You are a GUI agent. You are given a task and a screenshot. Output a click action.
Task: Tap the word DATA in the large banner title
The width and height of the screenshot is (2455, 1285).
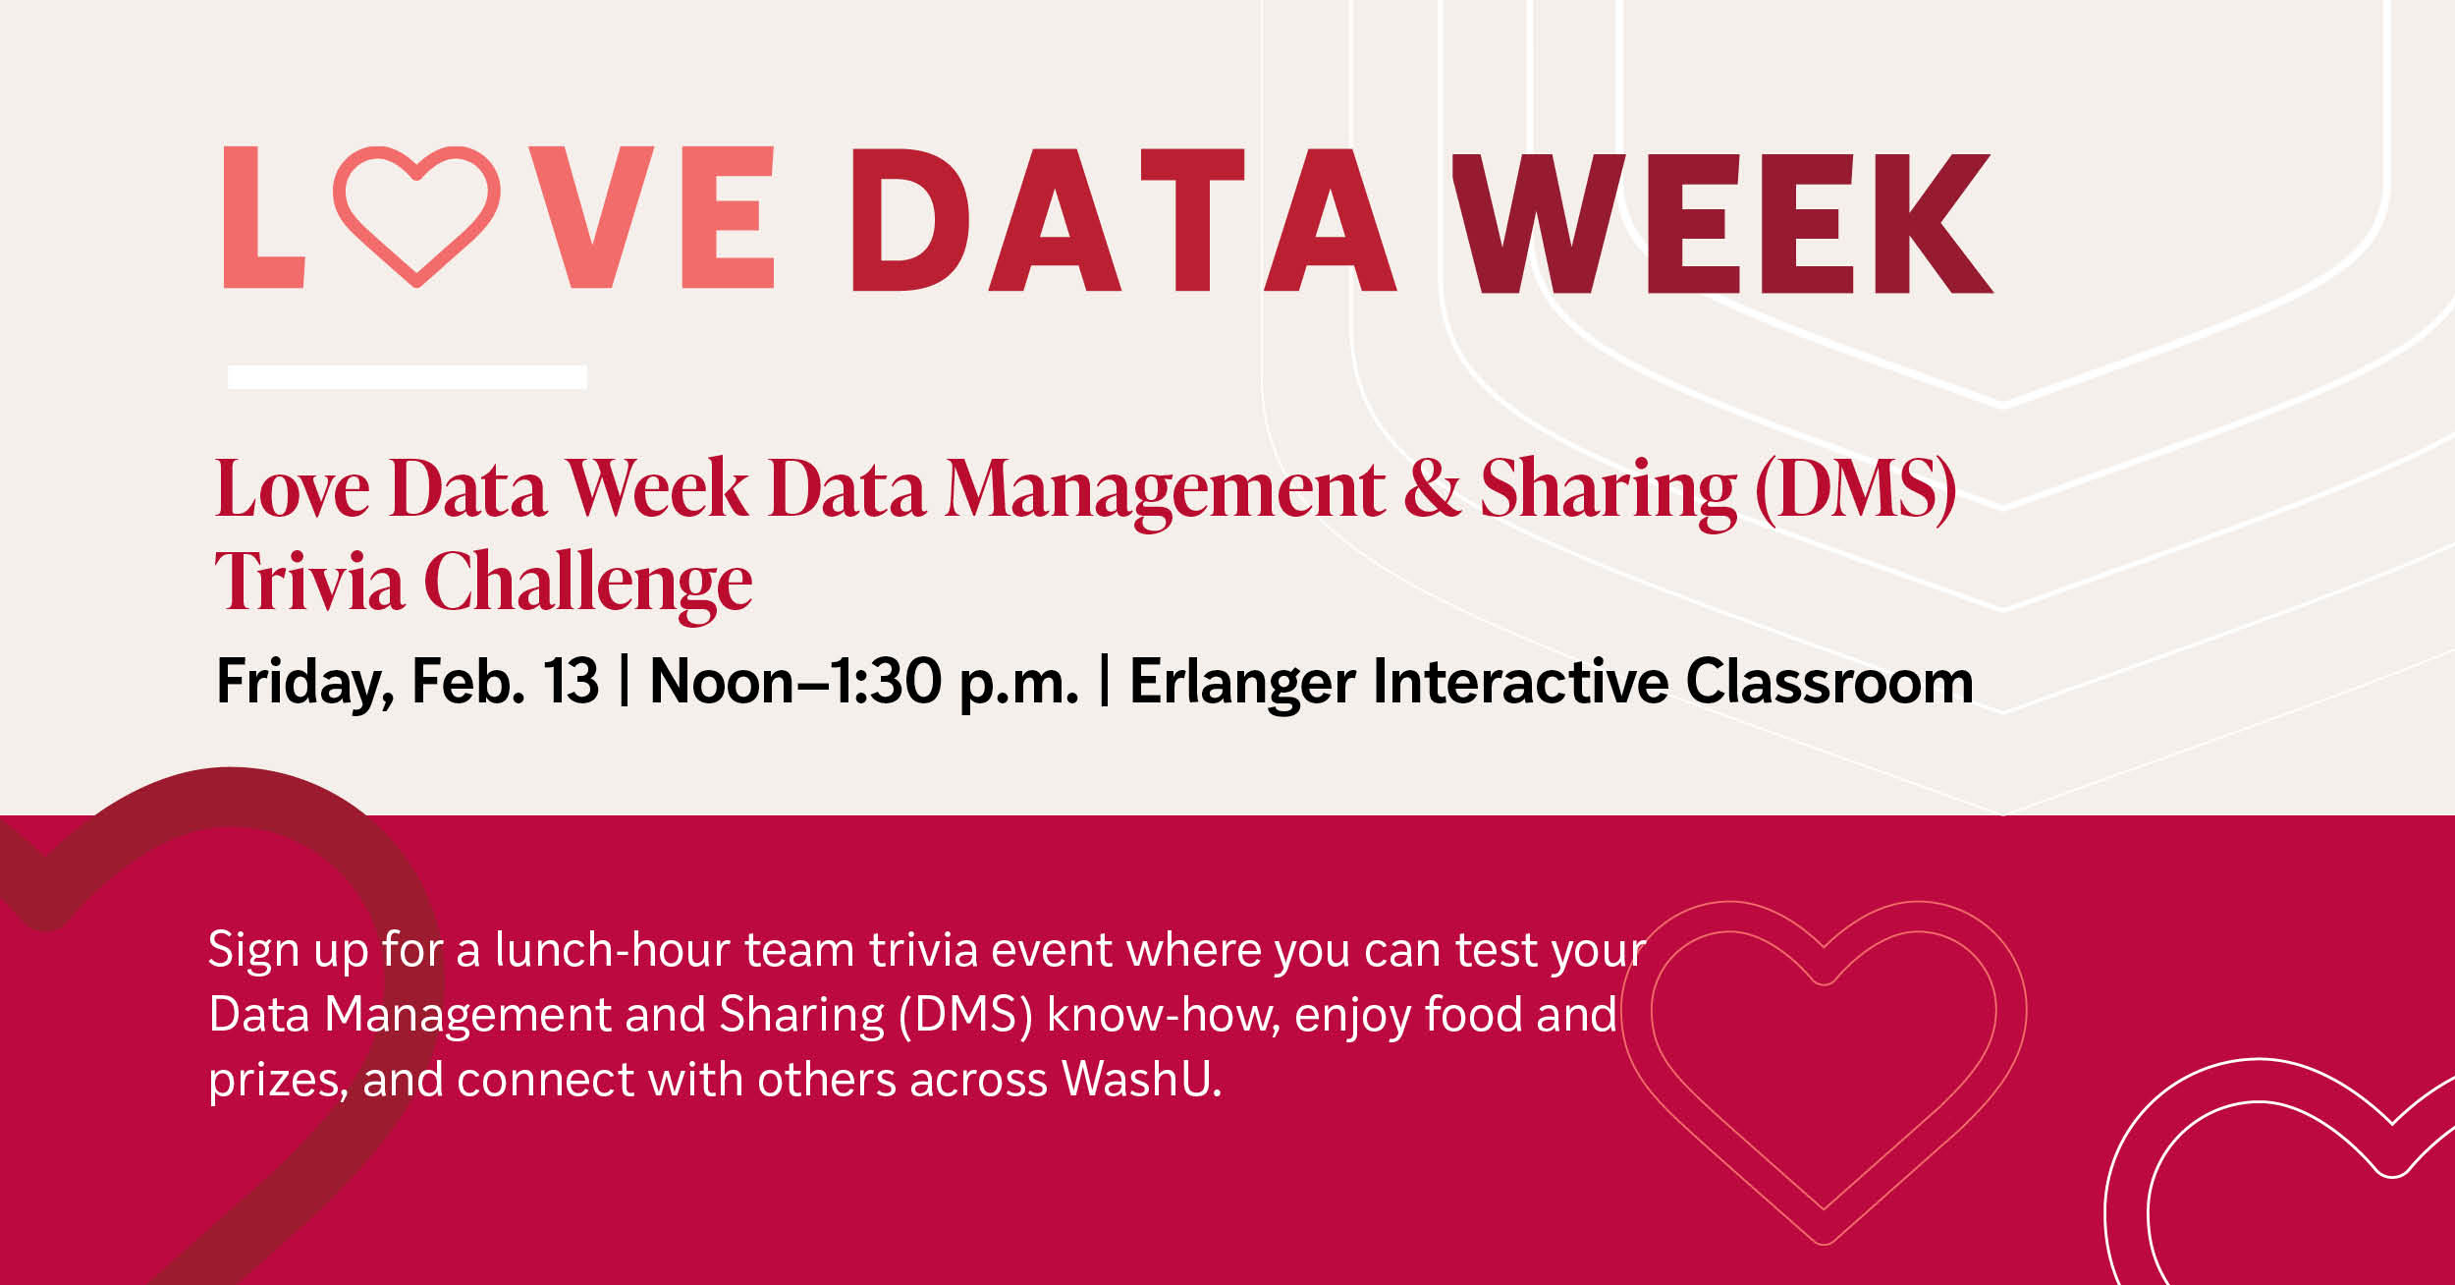(1123, 220)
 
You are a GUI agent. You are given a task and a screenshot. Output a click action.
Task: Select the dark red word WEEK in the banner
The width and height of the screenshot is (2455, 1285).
(1722, 223)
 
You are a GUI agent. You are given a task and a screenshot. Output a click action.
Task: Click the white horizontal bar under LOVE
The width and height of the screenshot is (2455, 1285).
(408, 377)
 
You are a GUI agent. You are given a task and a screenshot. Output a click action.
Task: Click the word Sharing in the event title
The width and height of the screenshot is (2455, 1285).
(1609, 491)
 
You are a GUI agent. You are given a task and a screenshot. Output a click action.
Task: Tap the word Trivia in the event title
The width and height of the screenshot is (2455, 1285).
(309, 581)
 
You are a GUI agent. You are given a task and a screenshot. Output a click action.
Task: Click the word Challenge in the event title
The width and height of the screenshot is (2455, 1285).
(588, 585)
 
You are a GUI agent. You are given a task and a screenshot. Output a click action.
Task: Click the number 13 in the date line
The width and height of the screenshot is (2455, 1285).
(571, 681)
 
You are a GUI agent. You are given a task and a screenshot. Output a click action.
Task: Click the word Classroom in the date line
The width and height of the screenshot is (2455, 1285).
(1829, 681)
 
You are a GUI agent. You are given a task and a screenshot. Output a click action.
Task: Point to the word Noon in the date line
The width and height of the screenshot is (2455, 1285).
(722, 681)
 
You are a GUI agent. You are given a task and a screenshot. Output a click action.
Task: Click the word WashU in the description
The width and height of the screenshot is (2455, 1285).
(1142, 1079)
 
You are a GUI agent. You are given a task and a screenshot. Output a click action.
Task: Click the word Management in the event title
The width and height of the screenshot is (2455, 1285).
(1165, 491)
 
